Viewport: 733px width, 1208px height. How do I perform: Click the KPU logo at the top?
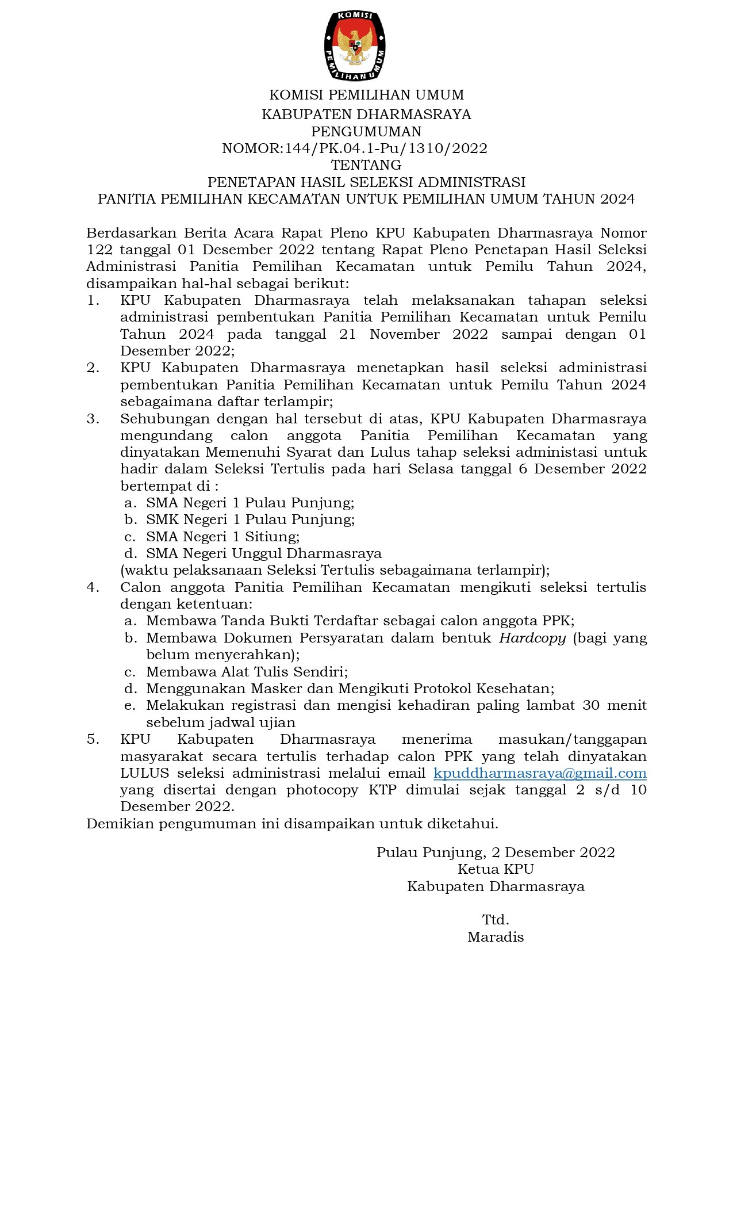pyautogui.click(x=355, y=45)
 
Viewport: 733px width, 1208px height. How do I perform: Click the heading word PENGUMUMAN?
pyautogui.click(x=366, y=132)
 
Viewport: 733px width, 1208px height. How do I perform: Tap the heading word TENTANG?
pyautogui.click(x=366, y=165)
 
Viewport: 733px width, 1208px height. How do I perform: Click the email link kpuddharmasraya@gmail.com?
pyautogui.click(x=540, y=773)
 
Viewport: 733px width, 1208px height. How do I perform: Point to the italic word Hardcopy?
pyautogui.click(x=532, y=638)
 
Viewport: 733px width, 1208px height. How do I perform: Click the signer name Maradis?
pyautogui.click(x=496, y=937)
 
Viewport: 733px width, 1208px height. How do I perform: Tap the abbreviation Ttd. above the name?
pyautogui.click(x=496, y=920)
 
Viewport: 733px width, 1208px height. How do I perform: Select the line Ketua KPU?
pyautogui.click(x=496, y=869)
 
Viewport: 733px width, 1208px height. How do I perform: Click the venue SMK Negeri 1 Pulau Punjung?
pyautogui.click(x=250, y=519)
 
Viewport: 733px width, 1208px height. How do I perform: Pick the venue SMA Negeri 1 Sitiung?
pyautogui.click(x=222, y=537)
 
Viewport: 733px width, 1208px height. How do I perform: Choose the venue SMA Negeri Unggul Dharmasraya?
pyautogui.click(x=264, y=553)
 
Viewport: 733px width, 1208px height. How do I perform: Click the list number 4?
pyautogui.click(x=93, y=587)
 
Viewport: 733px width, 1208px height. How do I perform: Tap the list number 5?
pyautogui.click(x=93, y=739)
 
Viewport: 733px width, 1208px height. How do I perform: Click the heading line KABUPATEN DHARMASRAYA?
pyautogui.click(x=366, y=114)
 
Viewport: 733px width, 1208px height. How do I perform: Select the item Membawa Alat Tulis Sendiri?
pyautogui.click(x=247, y=672)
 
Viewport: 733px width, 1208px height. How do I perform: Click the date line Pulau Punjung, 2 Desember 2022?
pyautogui.click(x=496, y=853)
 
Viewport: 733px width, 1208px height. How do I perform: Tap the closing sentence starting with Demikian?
pyautogui.click(x=292, y=824)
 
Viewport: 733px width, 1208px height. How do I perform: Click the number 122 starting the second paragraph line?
pyautogui.click(x=99, y=250)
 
